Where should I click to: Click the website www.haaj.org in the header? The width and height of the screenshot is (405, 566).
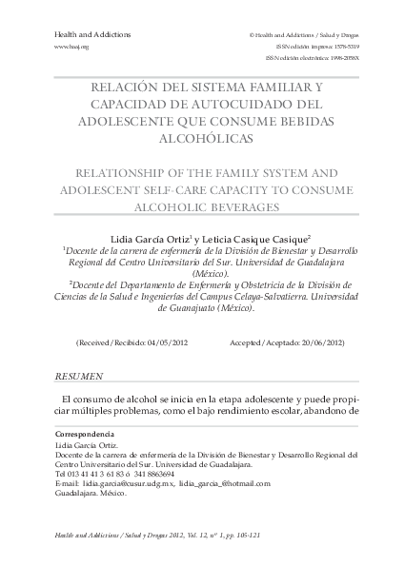click(x=71, y=46)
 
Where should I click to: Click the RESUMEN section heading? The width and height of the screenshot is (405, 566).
click(x=80, y=377)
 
